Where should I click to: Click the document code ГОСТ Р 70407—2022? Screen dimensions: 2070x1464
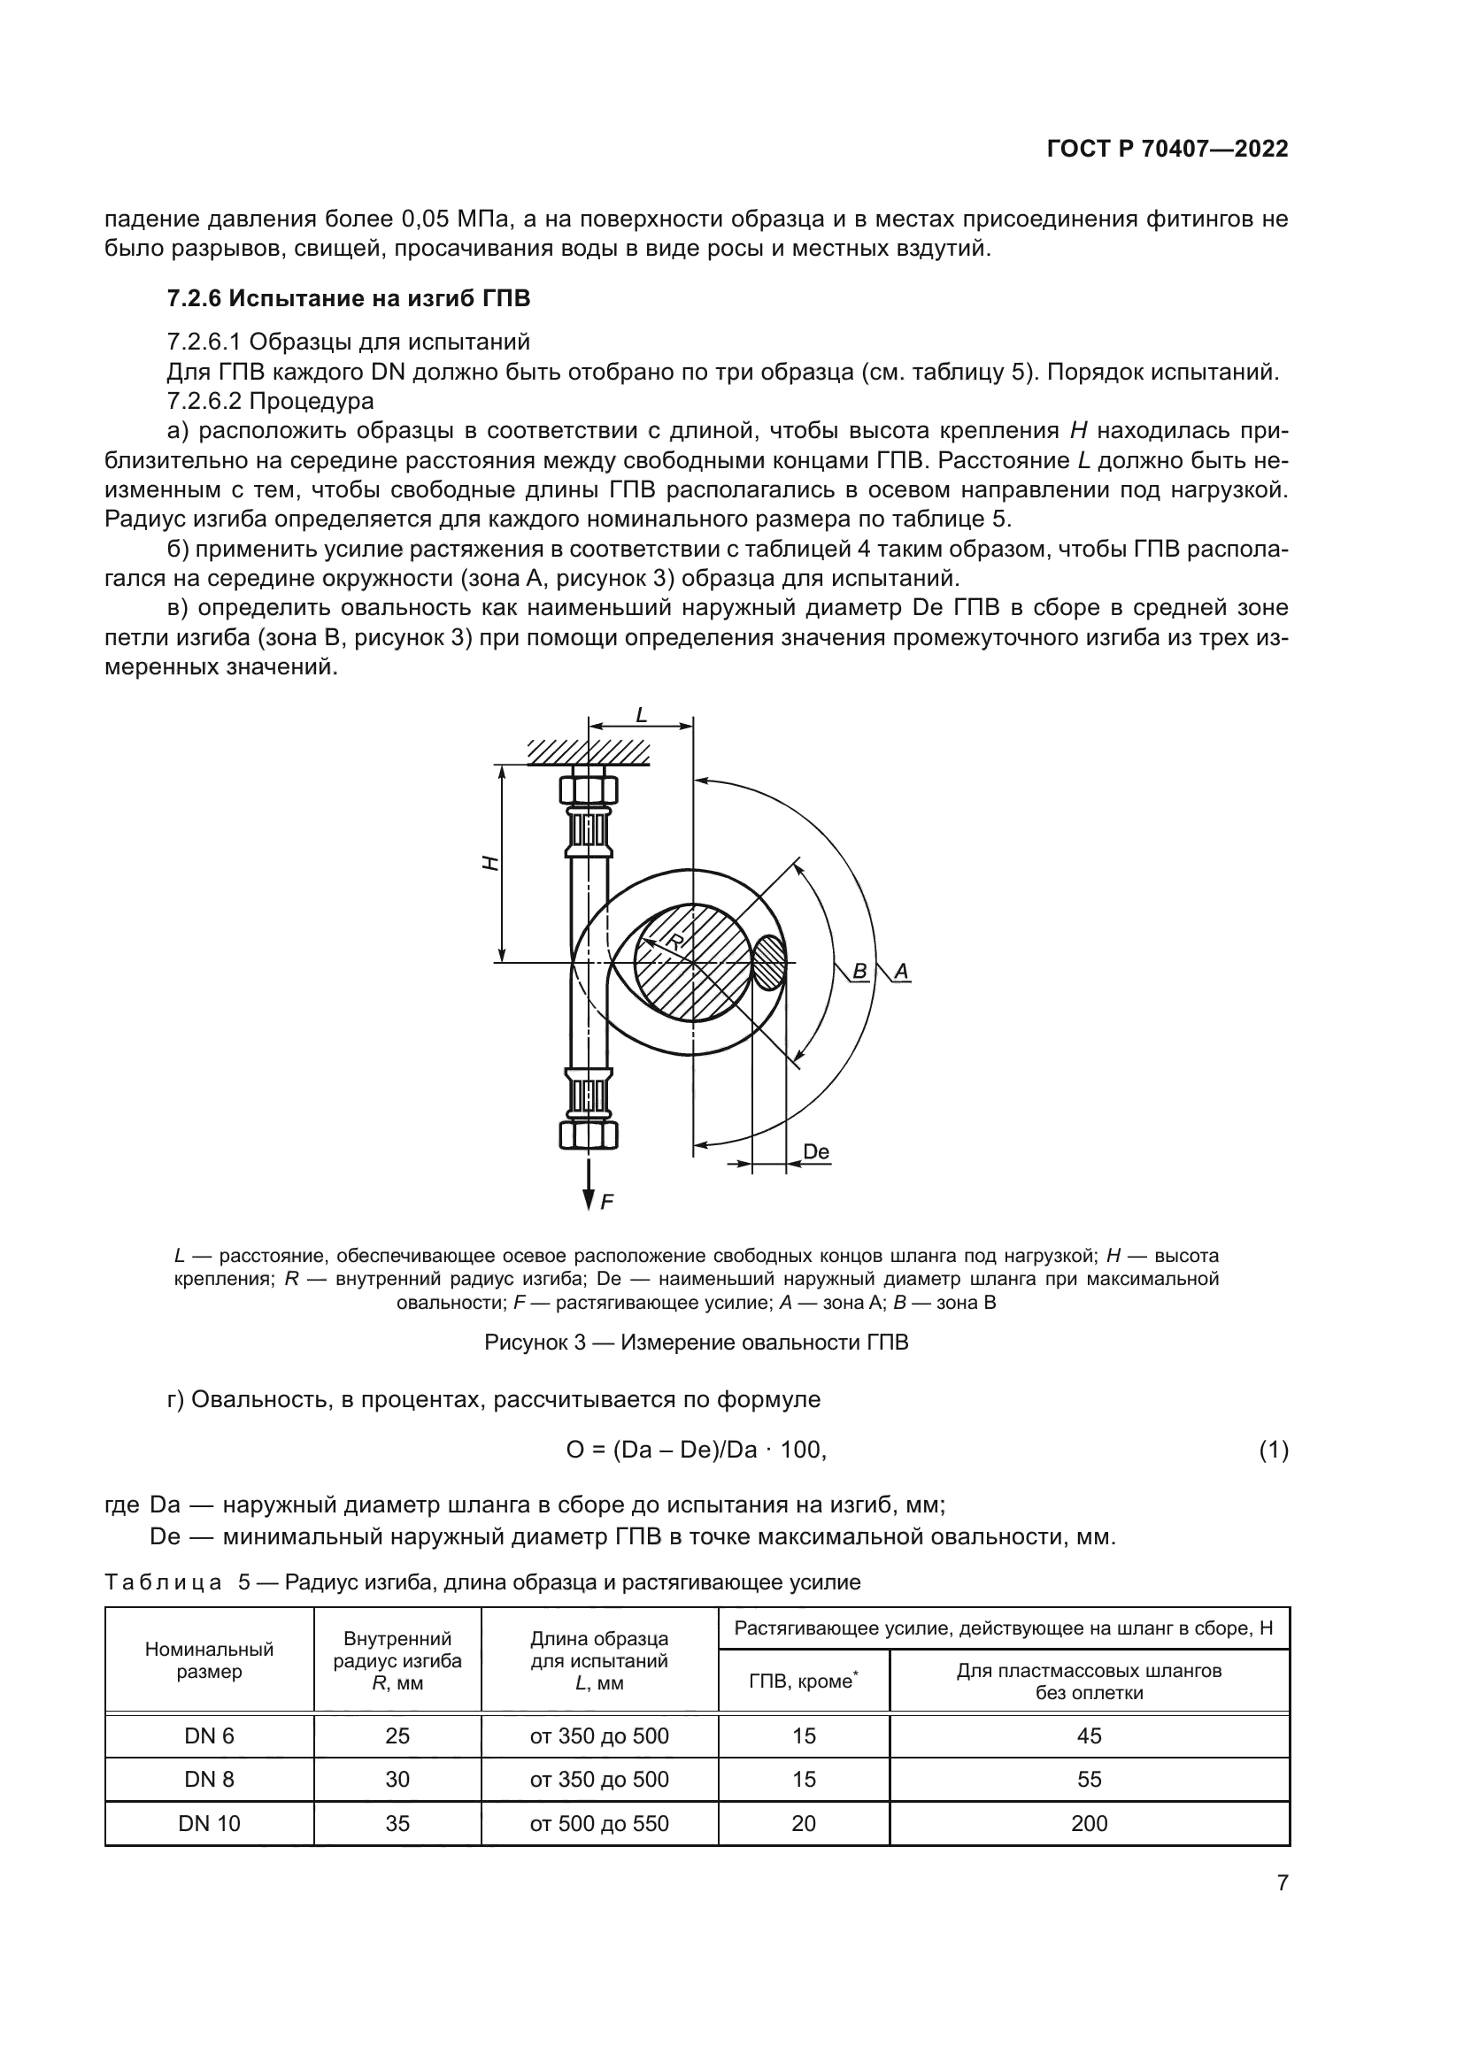pyautogui.click(x=1167, y=150)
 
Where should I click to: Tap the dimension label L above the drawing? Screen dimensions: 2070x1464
pyautogui.click(x=641, y=716)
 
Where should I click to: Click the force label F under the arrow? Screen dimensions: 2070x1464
pyautogui.click(x=606, y=1201)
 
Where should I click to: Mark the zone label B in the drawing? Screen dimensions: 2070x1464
pyautogui.click(x=859, y=971)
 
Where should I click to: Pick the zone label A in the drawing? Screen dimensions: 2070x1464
pyautogui.click(x=900, y=971)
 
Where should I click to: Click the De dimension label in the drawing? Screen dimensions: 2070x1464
pyautogui.click(x=815, y=1151)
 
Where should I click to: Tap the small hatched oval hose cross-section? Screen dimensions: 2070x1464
pyautogui.click(x=769, y=963)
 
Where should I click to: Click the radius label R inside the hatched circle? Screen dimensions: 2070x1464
pyautogui.click(x=675, y=942)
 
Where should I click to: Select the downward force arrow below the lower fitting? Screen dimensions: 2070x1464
pyautogui.click(x=589, y=1183)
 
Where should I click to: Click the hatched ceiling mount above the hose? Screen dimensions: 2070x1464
pyautogui.click(x=589, y=752)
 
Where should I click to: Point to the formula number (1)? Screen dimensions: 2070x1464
pyautogui.click(x=1273, y=1450)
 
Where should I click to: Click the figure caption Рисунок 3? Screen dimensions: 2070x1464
pyautogui.click(x=696, y=1343)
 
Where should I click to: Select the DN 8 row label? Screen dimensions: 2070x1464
pyautogui.click(x=209, y=1779)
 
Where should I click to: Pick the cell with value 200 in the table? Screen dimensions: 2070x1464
pyautogui.click(x=1089, y=1823)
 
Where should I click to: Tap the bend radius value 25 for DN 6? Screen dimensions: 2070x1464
pyautogui.click(x=397, y=1735)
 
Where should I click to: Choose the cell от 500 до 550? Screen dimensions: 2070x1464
pyautogui.click(x=598, y=1823)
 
